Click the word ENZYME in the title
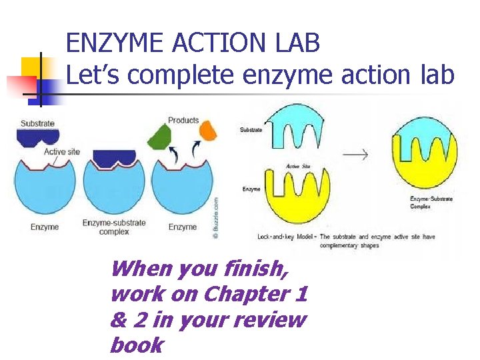tap(113, 44)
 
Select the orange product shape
tap(208, 130)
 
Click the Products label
tap(183, 120)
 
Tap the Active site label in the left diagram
tap(61, 151)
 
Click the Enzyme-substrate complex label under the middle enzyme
tap(114, 227)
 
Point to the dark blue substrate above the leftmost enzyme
tap(36, 137)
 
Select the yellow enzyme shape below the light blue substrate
tap(297, 197)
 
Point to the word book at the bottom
tap(137, 345)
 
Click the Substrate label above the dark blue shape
tap(37, 123)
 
